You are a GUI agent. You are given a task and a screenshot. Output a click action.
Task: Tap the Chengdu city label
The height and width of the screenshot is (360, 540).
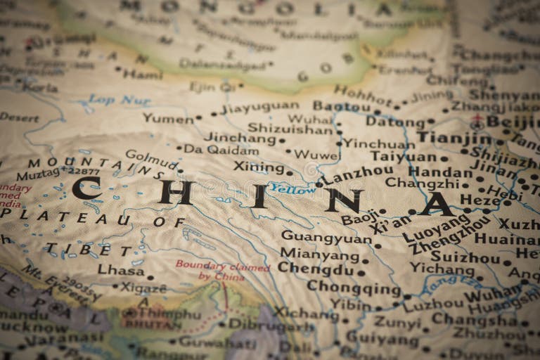314,269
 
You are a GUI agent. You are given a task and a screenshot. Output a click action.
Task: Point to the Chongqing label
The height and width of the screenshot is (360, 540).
354,288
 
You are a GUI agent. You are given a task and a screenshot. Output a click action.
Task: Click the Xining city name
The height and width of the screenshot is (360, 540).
259,167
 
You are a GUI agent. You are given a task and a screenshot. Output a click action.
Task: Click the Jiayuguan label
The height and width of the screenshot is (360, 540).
259,108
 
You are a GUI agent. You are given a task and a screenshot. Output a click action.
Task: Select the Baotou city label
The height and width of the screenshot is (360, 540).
342,106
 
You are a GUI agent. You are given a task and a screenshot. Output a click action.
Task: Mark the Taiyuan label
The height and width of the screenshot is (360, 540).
404,156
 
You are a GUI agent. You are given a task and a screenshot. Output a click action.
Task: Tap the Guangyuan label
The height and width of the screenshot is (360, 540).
326,238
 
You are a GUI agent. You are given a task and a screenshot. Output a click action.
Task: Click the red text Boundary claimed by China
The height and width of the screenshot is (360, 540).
222,271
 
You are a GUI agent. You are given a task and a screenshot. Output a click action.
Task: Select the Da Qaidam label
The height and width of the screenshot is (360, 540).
221,150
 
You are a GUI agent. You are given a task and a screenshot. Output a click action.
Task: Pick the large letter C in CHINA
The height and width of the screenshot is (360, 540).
87,188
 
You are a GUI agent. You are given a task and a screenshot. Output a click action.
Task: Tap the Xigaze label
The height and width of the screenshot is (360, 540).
143,288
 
